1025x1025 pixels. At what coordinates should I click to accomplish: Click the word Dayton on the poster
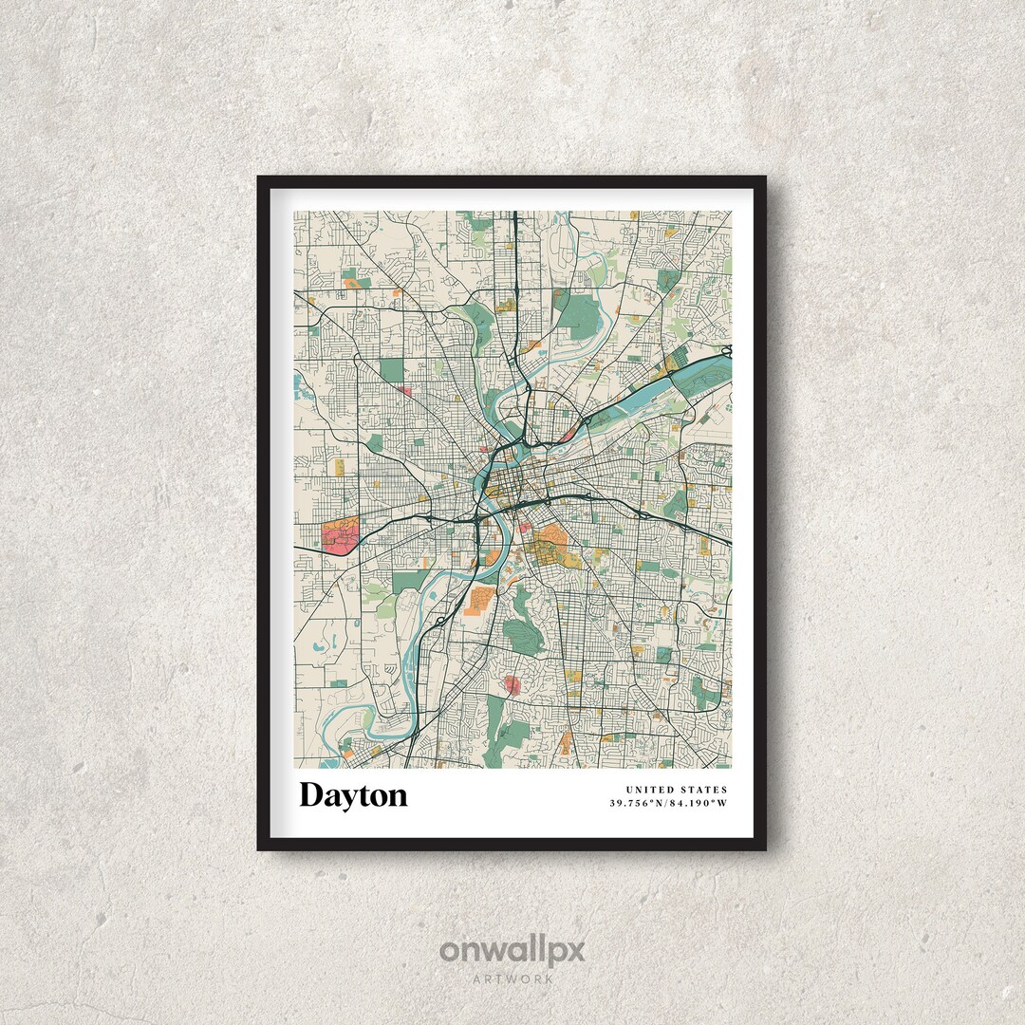(353, 795)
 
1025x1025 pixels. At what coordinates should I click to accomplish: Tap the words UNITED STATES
(676, 790)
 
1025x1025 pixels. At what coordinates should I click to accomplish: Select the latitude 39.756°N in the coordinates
(640, 804)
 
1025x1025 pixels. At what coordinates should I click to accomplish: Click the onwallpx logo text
(512, 951)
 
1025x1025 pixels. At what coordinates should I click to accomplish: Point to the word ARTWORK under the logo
(512, 978)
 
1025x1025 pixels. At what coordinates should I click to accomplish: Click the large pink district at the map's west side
(341, 536)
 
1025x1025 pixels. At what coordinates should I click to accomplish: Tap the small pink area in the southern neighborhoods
(513, 684)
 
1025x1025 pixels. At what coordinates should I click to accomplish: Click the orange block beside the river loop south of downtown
(480, 600)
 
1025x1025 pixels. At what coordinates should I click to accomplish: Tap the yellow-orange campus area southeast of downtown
(549, 546)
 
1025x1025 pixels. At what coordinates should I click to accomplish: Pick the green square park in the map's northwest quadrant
(392, 370)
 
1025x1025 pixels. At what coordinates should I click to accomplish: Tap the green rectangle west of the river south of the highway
(408, 581)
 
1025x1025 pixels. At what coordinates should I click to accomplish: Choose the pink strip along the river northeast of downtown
(568, 434)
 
